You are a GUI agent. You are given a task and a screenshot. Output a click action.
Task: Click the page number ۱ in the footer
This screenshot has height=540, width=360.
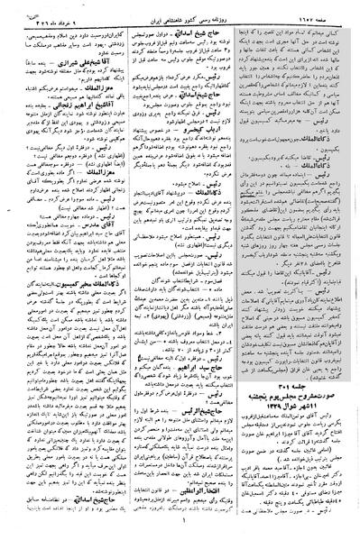(180, 532)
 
